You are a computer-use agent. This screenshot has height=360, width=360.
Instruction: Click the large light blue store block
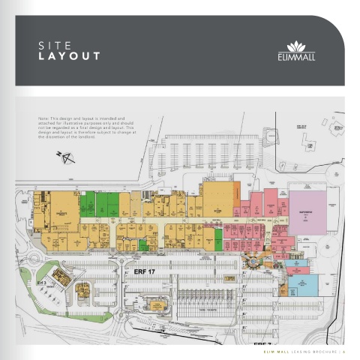302,283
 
